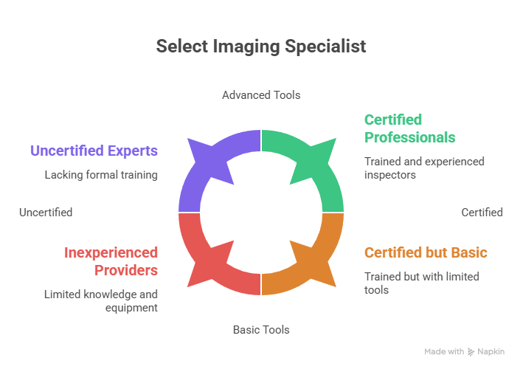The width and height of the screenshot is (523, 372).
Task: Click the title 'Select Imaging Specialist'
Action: coord(261,46)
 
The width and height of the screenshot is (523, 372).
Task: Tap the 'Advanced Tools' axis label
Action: coord(261,95)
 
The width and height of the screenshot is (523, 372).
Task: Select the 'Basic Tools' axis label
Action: coord(261,330)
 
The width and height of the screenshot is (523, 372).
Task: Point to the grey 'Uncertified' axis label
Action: coord(46,213)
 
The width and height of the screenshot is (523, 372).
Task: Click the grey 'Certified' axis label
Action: coord(482,213)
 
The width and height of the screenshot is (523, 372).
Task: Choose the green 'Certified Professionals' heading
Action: coord(409,128)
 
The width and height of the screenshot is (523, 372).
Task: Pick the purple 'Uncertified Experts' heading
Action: coord(94,151)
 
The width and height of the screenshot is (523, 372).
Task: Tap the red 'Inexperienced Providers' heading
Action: coord(111,261)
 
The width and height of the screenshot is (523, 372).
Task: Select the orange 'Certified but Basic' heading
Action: coord(426,253)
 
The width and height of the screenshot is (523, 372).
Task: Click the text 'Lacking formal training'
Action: coord(101,176)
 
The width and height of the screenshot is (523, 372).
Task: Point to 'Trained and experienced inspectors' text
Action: coord(424,168)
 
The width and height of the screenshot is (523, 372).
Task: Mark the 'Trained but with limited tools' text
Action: coord(422,283)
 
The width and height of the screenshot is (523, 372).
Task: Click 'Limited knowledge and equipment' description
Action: coord(101,300)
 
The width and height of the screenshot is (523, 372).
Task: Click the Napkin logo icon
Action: coord(471,352)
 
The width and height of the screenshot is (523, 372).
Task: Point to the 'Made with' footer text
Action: coord(444,352)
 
